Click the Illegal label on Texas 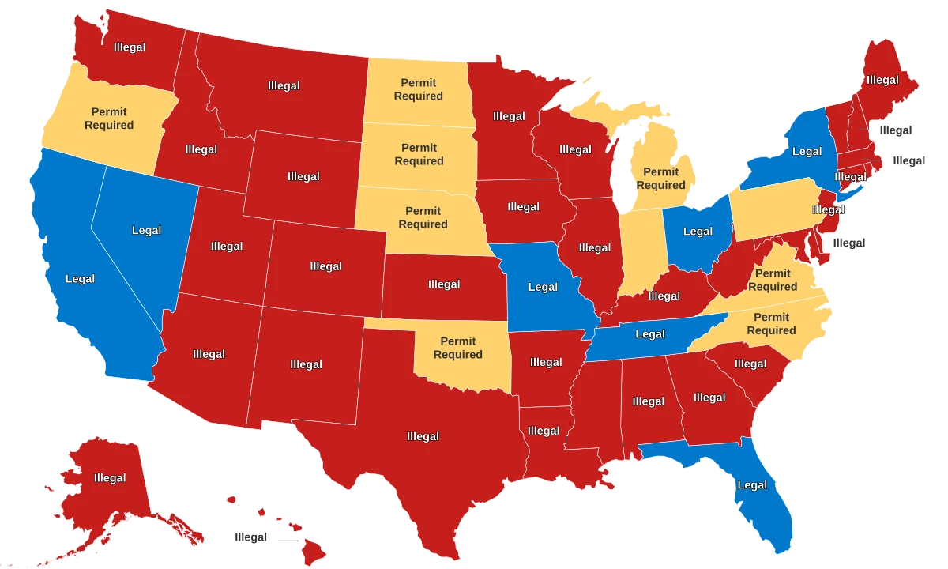click(x=423, y=436)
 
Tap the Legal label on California click(x=80, y=278)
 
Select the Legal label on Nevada click(x=146, y=231)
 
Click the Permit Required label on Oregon click(x=109, y=119)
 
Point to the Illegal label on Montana click(x=284, y=85)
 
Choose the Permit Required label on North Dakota click(x=419, y=89)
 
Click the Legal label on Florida click(x=751, y=485)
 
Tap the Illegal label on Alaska click(x=110, y=477)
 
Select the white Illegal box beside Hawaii click(x=250, y=537)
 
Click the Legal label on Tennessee click(x=650, y=334)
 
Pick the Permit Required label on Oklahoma click(x=458, y=348)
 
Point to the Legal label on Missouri click(x=543, y=287)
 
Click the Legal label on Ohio click(x=698, y=232)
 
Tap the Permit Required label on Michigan click(x=661, y=179)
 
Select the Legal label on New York click(x=807, y=151)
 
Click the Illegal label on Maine click(x=882, y=80)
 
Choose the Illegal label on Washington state click(x=130, y=47)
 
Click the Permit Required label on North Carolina click(x=772, y=324)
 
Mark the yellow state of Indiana click(x=640, y=253)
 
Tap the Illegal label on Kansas click(x=444, y=284)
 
